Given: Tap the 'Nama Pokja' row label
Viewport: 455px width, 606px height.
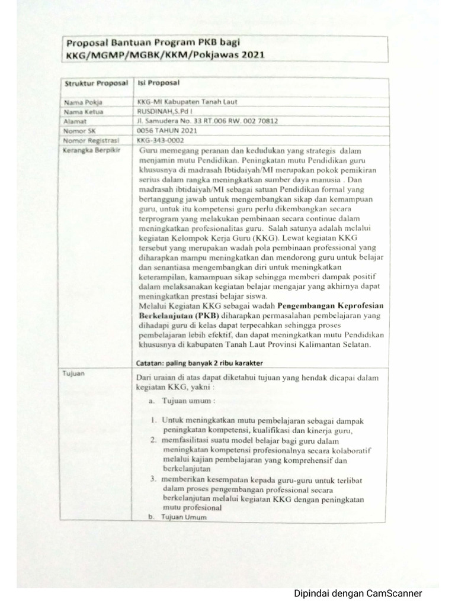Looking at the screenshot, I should point(81,102).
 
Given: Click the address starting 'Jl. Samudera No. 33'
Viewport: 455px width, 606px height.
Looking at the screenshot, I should point(207,121).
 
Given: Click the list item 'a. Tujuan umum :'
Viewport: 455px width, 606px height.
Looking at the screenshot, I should point(178,401).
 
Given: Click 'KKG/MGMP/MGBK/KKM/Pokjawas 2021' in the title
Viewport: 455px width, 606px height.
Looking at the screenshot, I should point(165,55).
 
